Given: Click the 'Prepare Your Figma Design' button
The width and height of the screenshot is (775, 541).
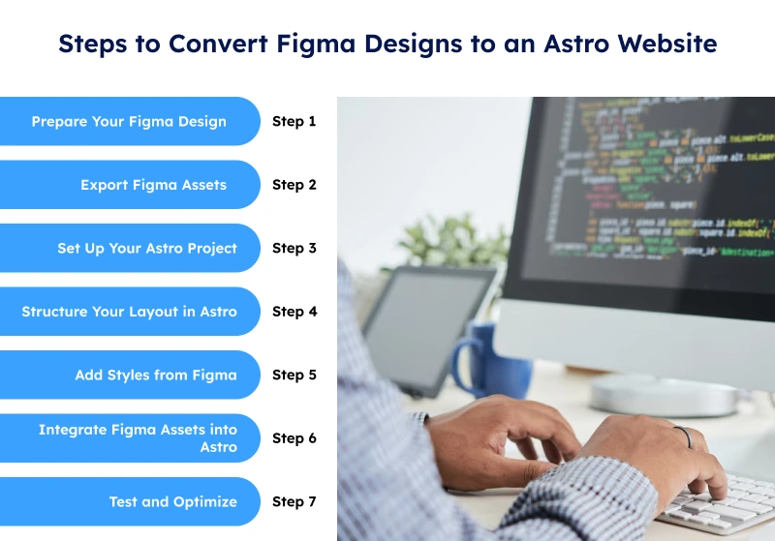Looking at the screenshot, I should click(x=129, y=122).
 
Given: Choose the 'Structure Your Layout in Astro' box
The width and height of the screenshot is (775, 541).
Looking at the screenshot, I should click(x=129, y=312).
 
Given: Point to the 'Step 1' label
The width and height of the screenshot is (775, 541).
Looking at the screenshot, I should click(x=294, y=122).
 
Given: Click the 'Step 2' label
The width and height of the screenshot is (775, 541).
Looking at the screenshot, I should click(x=294, y=185).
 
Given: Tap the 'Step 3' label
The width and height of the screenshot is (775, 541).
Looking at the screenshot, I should click(x=294, y=249).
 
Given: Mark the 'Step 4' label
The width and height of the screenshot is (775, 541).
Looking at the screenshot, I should click(x=294, y=312).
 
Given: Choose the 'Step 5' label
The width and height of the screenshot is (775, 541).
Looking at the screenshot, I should click(x=294, y=376).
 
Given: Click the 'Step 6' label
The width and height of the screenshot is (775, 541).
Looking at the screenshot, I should click(x=294, y=438).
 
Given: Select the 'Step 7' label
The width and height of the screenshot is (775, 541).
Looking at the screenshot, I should click(x=294, y=501).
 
